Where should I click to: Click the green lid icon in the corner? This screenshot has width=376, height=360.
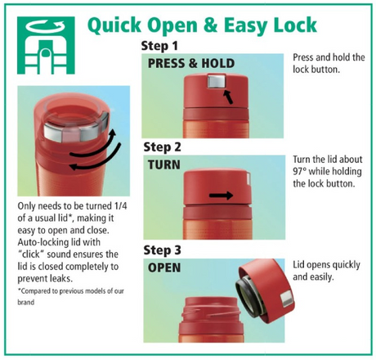click(46, 45)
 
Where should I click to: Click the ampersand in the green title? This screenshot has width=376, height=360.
click(210, 25)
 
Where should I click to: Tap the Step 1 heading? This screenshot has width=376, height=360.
click(159, 46)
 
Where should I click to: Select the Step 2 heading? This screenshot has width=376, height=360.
click(162, 147)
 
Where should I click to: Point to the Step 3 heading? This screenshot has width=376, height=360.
click(162, 250)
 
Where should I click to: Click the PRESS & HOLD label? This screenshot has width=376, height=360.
click(191, 64)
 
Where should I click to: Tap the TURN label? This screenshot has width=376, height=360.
click(164, 164)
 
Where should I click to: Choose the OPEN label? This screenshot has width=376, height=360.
click(164, 268)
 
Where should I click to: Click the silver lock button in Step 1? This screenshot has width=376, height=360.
click(217, 81)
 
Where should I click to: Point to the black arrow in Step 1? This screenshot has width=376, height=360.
click(228, 97)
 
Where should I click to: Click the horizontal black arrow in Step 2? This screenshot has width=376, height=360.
click(221, 196)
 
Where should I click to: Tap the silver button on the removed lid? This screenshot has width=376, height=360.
click(286, 299)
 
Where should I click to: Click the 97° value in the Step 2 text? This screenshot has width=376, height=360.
click(300, 172)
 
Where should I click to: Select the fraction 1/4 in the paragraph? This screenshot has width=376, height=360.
click(121, 206)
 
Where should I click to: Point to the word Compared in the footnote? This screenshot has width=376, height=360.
click(36, 291)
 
